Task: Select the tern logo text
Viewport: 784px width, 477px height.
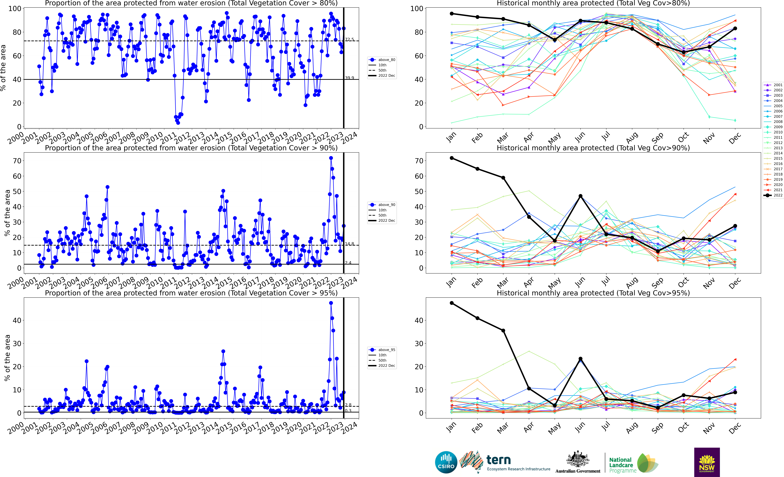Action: (x=499, y=460)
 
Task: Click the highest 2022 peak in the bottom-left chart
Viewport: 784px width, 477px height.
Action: (x=331, y=303)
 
